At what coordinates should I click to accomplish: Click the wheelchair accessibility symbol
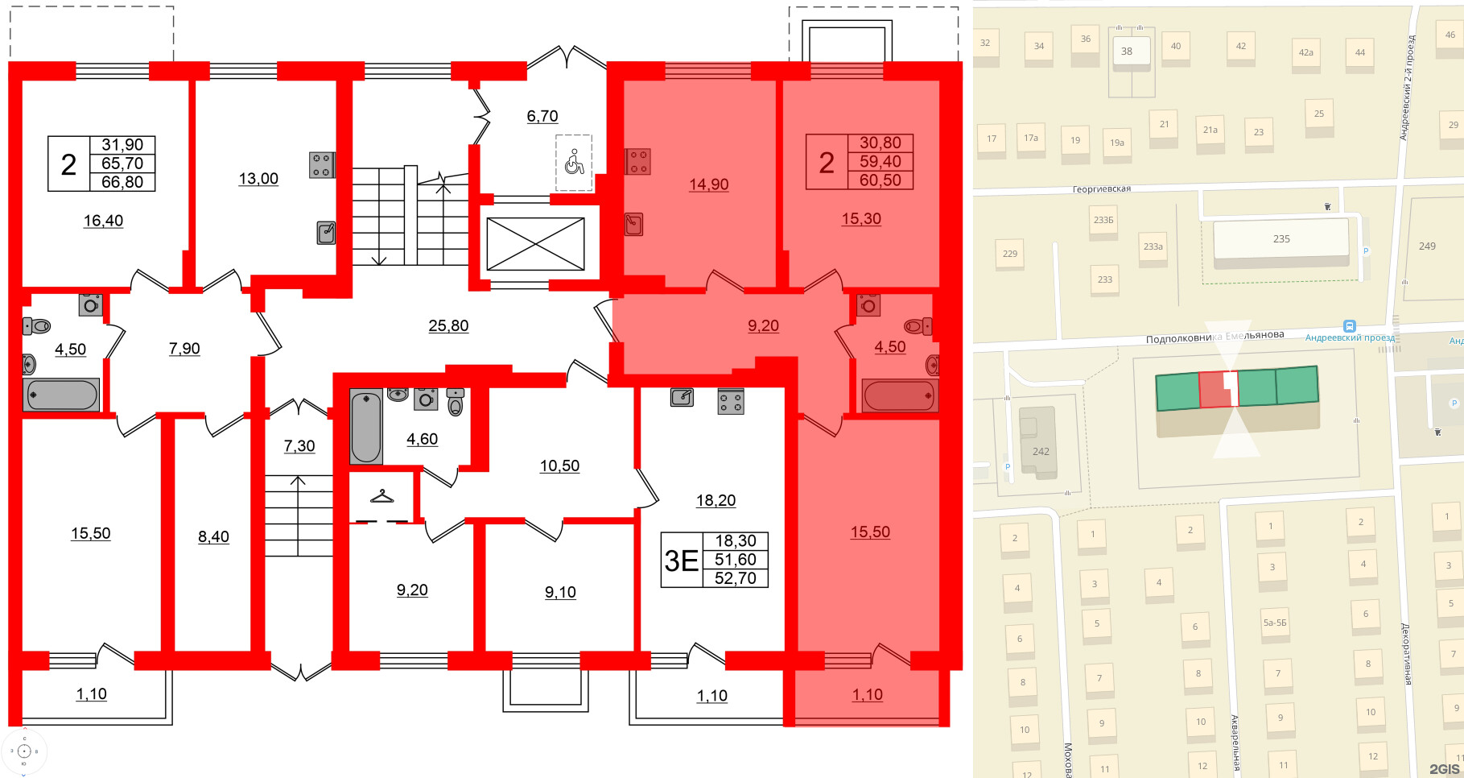[x=574, y=162]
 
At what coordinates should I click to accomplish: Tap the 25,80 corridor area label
[x=448, y=325]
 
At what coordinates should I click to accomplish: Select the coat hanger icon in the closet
[x=382, y=495]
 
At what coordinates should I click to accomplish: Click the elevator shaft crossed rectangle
[x=535, y=244]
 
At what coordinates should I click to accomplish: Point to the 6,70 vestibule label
[x=542, y=116]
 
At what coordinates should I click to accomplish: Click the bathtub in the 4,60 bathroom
[x=365, y=426]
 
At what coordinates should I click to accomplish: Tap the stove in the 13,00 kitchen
[x=321, y=165]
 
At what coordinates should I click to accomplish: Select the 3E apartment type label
[x=681, y=561]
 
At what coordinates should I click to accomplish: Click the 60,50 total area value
[x=880, y=180]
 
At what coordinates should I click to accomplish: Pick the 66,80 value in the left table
[x=122, y=182]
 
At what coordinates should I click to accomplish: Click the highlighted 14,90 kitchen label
[x=708, y=184]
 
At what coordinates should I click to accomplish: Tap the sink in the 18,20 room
[x=682, y=397]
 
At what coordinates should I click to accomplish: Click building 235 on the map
[x=1280, y=239]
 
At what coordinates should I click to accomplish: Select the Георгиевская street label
[x=1101, y=189]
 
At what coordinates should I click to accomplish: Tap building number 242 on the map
[x=1041, y=451]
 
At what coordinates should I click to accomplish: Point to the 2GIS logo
[x=1444, y=768]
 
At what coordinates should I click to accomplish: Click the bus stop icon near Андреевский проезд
[x=1350, y=326]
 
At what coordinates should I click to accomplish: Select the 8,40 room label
[x=213, y=536]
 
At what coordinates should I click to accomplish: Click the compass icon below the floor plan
[x=24, y=751]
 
